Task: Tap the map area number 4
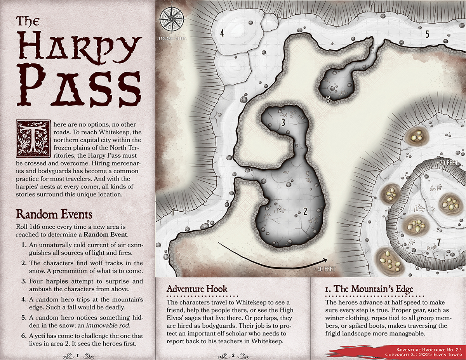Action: [x=222, y=33]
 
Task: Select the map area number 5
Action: [x=427, y=34]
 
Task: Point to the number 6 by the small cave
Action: [x=328, y=100]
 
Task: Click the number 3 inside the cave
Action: [x=283, y=123]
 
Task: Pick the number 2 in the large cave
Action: [x=305, y=211]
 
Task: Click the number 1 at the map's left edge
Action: [x=172, y=212]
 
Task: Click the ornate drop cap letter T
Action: [x=33, y=136]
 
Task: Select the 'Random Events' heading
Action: [x=54, y=214]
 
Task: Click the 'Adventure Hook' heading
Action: [x=197, y=289]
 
